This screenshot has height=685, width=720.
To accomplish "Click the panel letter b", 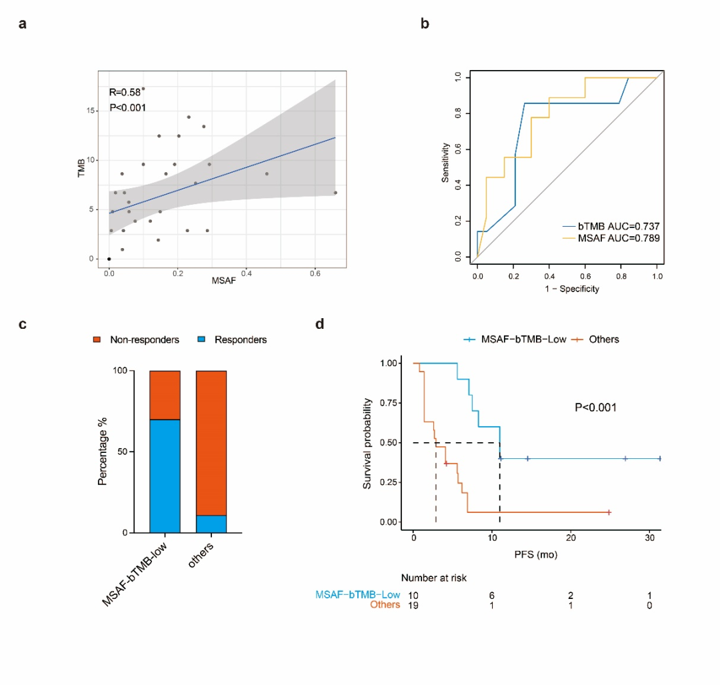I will (425, 25).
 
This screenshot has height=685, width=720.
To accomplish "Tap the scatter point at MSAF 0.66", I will (335, 193).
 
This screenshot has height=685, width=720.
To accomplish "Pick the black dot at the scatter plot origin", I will (109, 259).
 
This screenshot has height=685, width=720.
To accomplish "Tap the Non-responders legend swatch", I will (98, 340).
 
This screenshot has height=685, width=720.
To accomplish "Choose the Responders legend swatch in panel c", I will (201, 340).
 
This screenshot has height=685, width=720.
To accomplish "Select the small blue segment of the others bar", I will (211, 524).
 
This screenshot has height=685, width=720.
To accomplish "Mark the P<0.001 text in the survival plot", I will (596, 407).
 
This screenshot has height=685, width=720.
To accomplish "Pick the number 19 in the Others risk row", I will (414, 605).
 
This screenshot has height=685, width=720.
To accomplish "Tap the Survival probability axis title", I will (367, 444).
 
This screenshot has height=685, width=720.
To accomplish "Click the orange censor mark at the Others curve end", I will (609, 512).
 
